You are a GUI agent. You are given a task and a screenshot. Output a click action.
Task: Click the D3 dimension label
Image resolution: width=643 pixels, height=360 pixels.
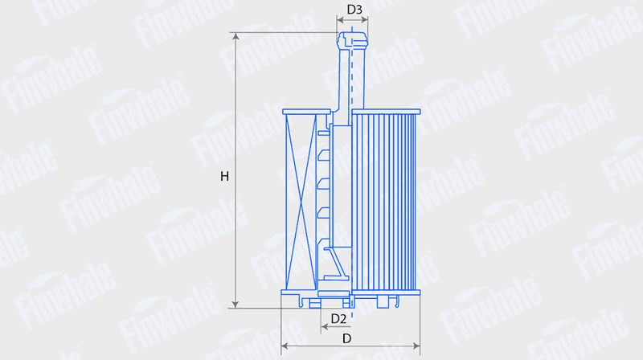click(x=354, y=10)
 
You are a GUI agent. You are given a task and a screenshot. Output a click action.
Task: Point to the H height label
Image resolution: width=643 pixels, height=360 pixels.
click(x=224, y=176)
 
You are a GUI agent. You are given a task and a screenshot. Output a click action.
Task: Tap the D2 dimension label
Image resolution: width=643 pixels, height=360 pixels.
click(x=338, y=318)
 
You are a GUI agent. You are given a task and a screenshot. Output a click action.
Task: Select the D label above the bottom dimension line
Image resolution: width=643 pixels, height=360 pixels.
click(x=347, y=338)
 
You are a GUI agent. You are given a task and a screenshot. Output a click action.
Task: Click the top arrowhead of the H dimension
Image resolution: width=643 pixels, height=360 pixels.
click(x=235, y=36)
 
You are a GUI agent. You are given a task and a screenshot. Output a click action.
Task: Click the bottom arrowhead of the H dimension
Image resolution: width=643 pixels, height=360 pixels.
click(x=235, y=305)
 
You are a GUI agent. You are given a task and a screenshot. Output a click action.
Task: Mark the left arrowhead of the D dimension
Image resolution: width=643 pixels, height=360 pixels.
click(x=285, y=346)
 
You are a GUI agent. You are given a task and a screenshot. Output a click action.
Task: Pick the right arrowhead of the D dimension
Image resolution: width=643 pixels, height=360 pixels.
click(x=416, y=346)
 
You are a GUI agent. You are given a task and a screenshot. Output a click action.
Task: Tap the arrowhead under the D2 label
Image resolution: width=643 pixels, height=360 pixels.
click(x=325, y=327)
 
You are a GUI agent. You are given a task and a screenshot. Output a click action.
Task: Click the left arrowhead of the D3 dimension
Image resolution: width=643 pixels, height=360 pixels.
click(x=340, y=18)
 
